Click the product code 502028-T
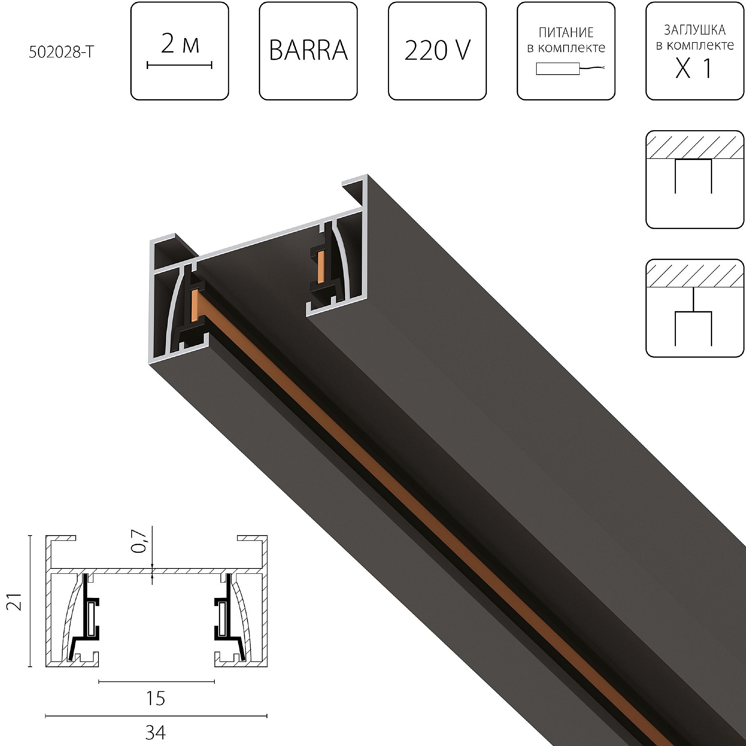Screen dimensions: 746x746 pyautogui.click(x=61, y=52)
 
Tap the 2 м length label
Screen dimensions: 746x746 pyautogui.click(x=180, y=44)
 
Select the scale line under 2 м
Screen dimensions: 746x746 pyautogui.click(x=179, y=65)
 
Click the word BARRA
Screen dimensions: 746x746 pyautogui.click(x=308, y=51)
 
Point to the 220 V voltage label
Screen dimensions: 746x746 pyautogui.click(x=437, y=51)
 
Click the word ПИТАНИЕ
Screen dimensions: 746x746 pyautogui.click(x=566, y=32)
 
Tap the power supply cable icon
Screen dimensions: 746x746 pyautogui.click(x=570, y=69)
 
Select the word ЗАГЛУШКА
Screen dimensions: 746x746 pyautogui.click(x=695, y=30)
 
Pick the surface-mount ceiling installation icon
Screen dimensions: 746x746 pyautogui.click(x=694, y=179)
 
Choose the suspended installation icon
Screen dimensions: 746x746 pyautogui.click(x=694, y=308)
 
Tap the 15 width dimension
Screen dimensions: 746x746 pyautogui.click(x=156, y=698)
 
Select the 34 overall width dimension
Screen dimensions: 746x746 pyautogui.click(x=156, y=732)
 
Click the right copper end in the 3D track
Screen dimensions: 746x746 pyautogui.click(x=320, y=267)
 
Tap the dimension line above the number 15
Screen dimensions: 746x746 pyautogui.click(x=156, y=682)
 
